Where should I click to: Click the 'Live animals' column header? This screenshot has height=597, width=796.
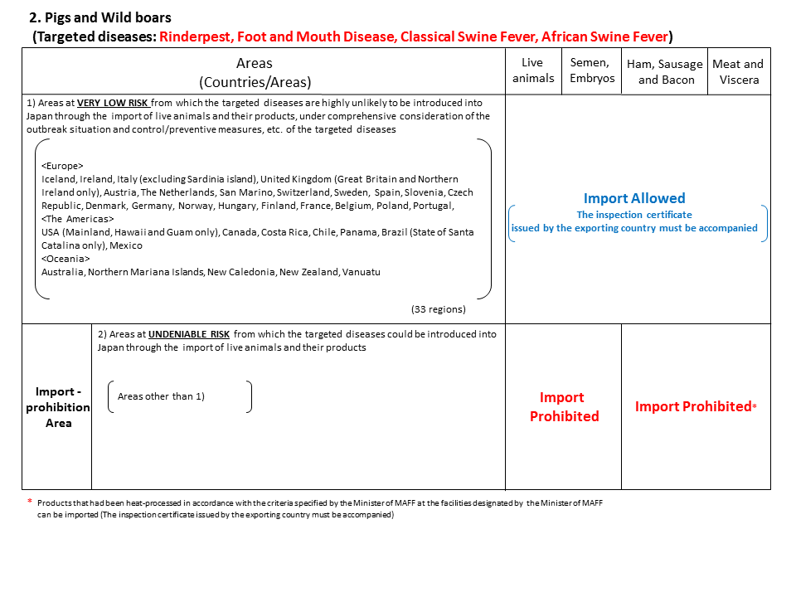(532, 70)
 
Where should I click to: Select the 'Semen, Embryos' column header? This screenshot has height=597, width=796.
(592, 70)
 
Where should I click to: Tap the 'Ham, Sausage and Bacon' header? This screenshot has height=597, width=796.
(664, 71)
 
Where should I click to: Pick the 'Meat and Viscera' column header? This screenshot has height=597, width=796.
(737, 71)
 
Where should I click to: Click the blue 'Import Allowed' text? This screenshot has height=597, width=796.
(634, 198)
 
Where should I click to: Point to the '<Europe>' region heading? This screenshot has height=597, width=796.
(63, 166)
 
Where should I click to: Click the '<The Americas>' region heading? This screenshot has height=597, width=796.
(78, 219)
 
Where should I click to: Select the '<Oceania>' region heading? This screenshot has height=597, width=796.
(66, 259)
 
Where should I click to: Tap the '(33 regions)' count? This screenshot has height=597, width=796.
(438, 309)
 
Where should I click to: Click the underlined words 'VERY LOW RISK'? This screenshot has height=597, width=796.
(113, 103)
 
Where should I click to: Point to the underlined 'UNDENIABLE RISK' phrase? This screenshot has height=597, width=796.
(190, 334)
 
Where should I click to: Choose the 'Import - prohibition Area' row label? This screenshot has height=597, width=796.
(57, 407)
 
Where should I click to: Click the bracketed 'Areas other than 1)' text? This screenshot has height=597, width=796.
(161, 396)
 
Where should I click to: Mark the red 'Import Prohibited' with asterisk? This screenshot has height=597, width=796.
(693, 406)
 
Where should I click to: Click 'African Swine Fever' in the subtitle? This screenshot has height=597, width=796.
(604, 36)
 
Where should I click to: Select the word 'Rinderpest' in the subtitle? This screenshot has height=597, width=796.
(195, 36)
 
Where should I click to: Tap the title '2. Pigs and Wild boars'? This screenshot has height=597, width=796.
(101, 17)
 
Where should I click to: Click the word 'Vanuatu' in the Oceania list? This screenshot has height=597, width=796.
(362, 272)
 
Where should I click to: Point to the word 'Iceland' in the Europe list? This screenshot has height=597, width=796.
(58, 179)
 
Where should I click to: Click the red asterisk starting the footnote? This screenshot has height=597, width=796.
(30, 502)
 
